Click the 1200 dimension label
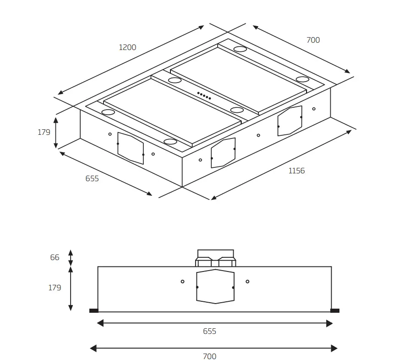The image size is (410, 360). coord(127,47)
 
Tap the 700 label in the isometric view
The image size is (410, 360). coord(313,40)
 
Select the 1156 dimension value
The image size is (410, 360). coord(296,171)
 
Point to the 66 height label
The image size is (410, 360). coord(55,257)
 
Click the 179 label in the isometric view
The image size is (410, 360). coord(44,132)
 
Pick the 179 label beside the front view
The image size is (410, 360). coord(55,288)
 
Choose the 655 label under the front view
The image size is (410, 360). coord(209,331)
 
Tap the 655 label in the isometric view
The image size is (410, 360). coord(92,178)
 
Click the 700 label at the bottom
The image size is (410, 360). coord(209,356)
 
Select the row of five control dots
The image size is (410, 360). coord(204,96)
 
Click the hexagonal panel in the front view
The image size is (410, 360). coord(215,287)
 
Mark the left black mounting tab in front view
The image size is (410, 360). coord(93,310)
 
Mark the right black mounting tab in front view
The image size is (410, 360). coord(335,310)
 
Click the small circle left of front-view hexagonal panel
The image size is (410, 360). coord(182,281)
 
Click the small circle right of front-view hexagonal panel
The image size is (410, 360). coord(247,281)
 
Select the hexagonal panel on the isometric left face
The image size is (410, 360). coord(131,148)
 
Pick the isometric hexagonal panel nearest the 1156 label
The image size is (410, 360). coord(290,121)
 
